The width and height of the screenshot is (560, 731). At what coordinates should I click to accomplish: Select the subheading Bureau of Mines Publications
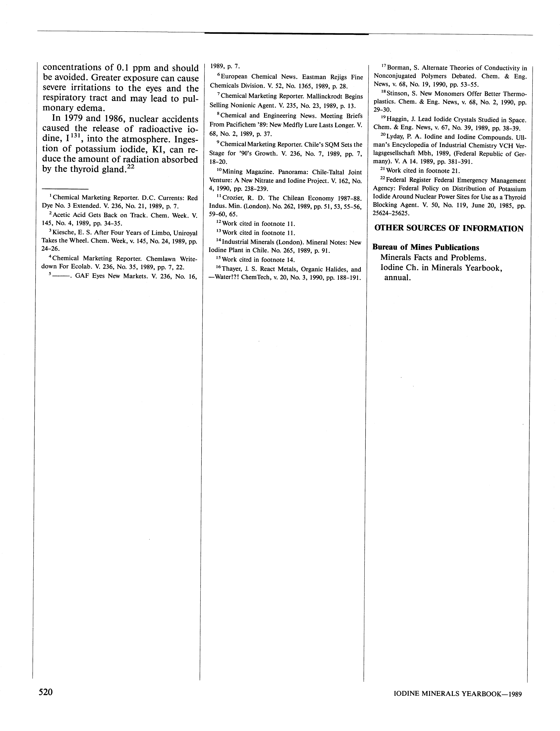426,247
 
